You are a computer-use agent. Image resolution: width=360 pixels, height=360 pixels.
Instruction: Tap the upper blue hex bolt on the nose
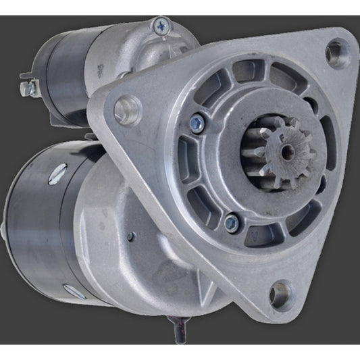(196, 122)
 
